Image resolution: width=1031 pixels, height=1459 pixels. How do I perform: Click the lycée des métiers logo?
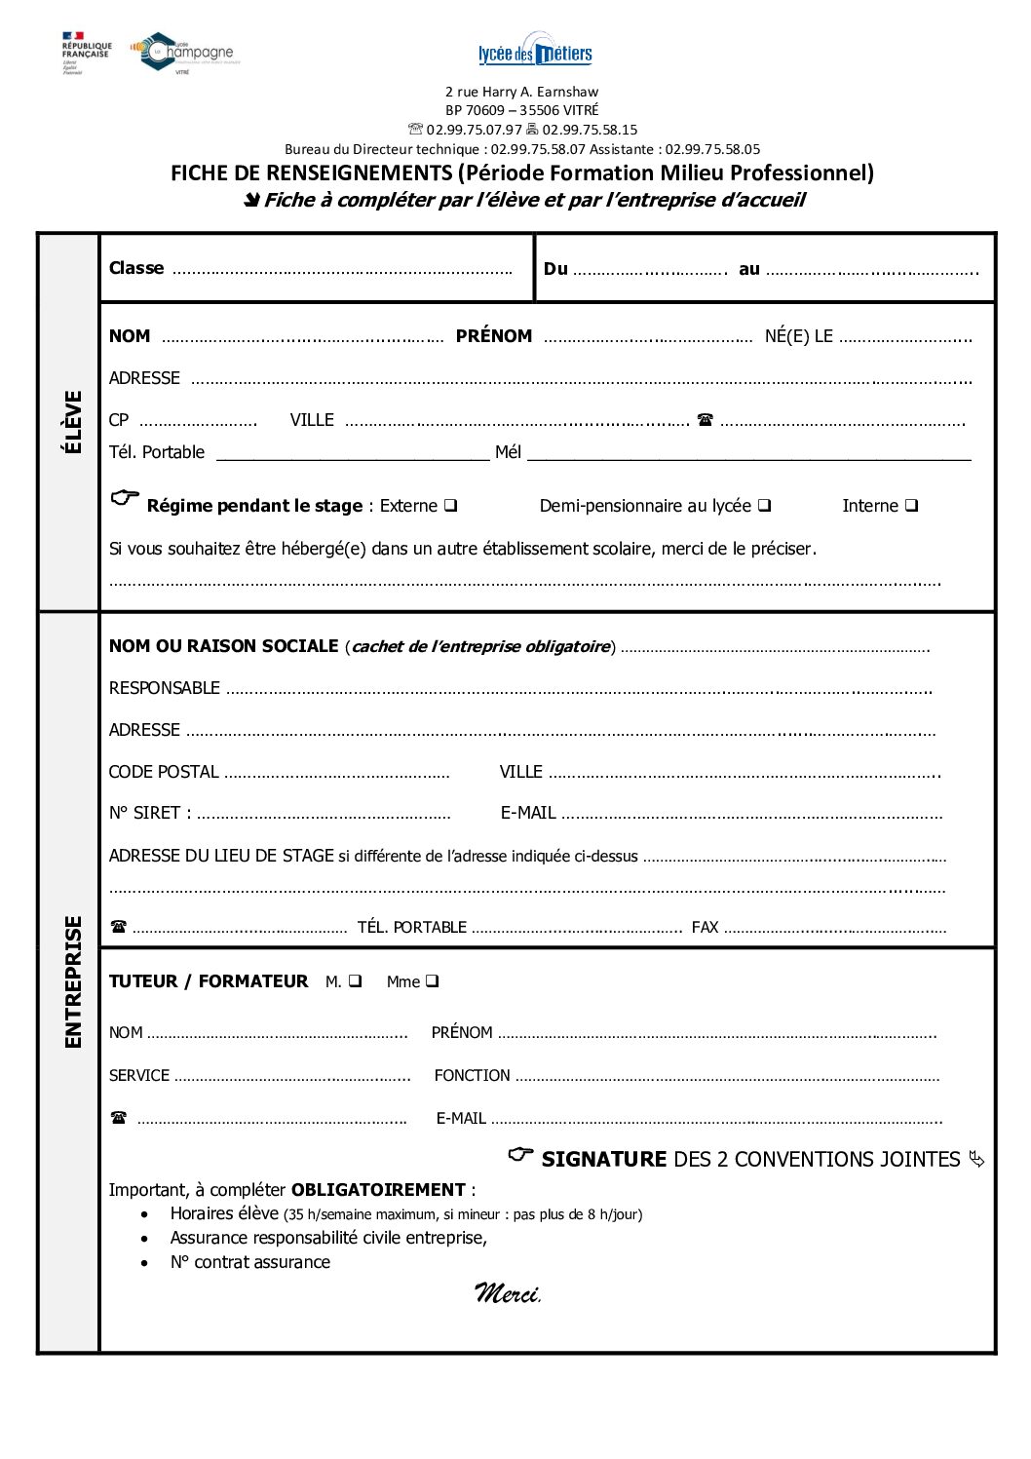[535, 51]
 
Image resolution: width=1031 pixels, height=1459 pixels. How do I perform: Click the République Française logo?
[86, 52]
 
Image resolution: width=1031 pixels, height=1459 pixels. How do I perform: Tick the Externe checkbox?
[451, 506]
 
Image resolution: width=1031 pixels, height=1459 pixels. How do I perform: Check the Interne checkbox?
[911, 506]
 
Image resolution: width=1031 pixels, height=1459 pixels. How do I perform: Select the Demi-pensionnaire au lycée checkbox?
[765, 506]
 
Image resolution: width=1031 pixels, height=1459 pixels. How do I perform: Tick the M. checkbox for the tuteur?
[355, 981]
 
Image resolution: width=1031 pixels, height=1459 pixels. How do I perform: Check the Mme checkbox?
[432, 981]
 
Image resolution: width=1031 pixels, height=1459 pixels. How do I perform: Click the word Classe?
[136, 268]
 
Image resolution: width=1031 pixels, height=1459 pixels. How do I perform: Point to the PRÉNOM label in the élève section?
[494, 336]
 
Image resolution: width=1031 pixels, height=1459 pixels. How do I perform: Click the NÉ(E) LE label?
[798, 336]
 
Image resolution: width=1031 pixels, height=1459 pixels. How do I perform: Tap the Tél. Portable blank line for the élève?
[352, 453]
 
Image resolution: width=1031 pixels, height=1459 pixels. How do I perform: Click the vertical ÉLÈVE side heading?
[72, 422]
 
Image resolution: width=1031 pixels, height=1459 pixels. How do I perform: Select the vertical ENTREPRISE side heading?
[72, 981]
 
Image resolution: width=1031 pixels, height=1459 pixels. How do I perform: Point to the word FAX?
[705, 927]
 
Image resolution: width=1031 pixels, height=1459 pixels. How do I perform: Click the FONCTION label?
[472, 1076]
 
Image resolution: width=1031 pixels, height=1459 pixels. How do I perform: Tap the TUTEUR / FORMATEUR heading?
[209, 981]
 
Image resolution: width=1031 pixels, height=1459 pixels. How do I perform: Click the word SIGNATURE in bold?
[603, 1160]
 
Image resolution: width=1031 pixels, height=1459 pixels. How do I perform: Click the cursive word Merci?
[507, 1293]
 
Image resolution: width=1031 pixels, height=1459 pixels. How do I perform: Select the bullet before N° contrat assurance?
[145, 1263]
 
